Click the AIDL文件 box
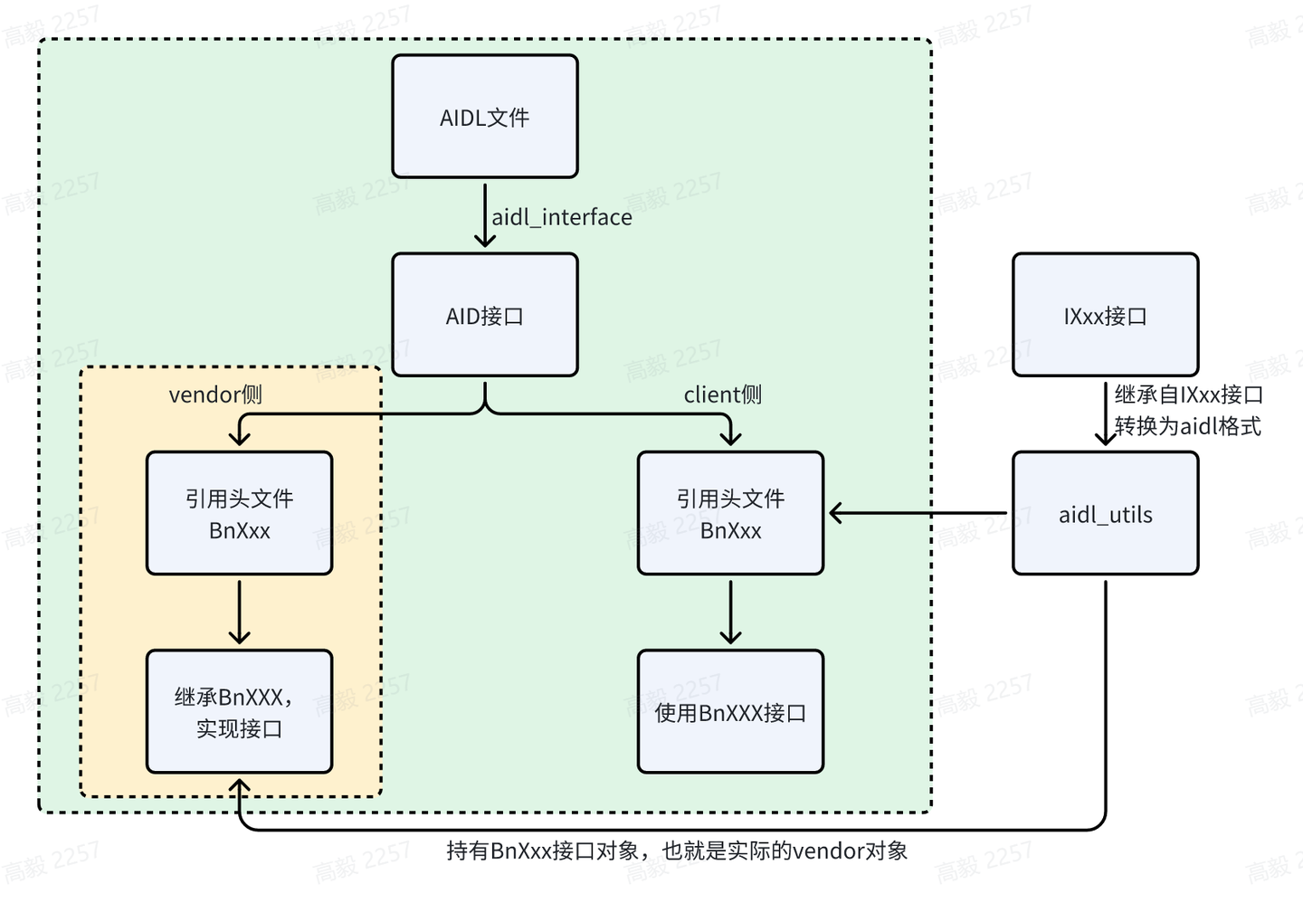(485, 117)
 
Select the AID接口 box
(485, 315)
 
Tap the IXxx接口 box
(1105, 315)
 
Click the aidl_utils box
(1105, 514)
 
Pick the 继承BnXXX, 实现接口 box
(239, 712)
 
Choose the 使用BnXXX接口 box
(730, 712)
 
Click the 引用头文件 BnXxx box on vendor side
(239, 513)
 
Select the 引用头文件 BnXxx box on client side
(730, 513)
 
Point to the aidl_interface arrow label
(561, 217)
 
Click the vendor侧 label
(215, 394)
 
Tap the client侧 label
(722, 394)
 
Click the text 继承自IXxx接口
(1188, 394)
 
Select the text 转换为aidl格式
(1187, 426)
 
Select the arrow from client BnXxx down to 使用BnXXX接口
(730, 613)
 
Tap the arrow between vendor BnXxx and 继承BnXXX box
(239, 613)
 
